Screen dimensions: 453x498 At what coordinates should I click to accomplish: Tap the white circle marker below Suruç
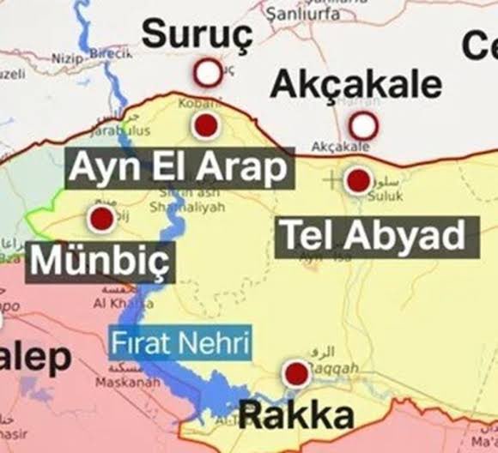coord(207,73)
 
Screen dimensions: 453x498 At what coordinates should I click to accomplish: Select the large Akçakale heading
coord(356,84)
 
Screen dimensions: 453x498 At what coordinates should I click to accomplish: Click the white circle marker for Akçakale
coord(364,126)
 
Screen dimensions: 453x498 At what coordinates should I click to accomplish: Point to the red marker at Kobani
coord(204,127)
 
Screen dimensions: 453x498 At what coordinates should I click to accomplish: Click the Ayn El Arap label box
coord(179,168)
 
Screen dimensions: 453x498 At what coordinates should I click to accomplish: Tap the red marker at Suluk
coord(357,181)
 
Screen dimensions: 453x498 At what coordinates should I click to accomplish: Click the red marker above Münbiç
coord(102,218)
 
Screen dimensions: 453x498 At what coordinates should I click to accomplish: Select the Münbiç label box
coord(100,262)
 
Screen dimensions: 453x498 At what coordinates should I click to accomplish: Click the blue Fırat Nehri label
coord(179,344)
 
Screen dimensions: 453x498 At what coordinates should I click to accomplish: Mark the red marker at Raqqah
coord(296,373)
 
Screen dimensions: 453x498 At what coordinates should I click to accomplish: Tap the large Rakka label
coord(296,415)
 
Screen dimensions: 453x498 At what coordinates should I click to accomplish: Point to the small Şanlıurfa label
coord(300,14)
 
